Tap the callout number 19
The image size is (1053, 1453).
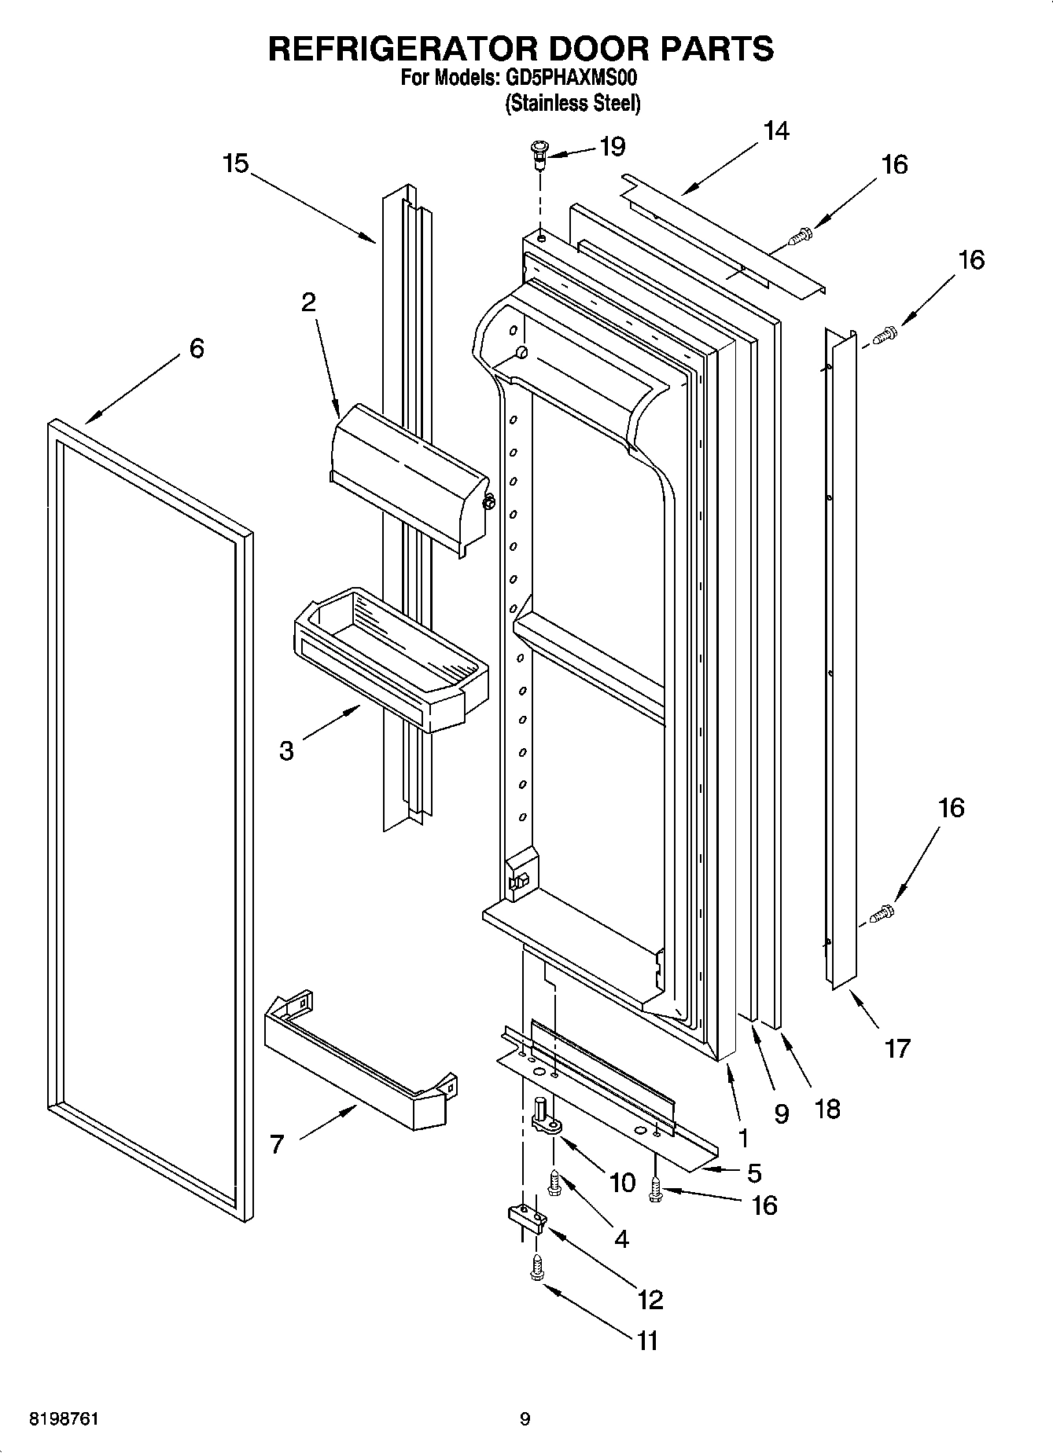[612, 146]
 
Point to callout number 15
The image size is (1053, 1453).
[234, 163]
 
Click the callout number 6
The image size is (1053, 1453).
[197, 348]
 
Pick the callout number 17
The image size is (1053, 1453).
[897, 1048]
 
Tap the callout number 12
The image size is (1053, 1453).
[650, 1299]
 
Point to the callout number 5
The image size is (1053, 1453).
[753, 1173]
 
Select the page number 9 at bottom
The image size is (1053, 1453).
[525, 1418]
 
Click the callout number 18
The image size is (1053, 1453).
[828, 1108]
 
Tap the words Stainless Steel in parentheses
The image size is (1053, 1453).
[573, 103]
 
